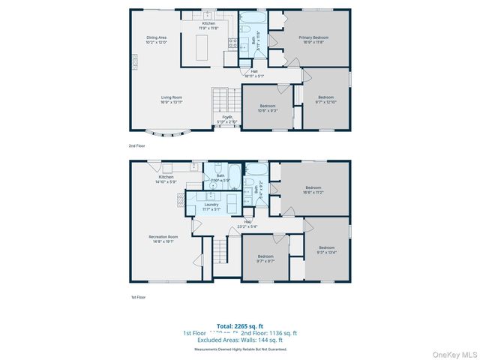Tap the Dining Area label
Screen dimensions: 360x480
(156, 40)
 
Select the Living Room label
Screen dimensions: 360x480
(172, 99)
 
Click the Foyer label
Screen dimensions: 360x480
(226, 119)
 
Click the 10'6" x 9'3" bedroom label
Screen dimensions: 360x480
(268, 108)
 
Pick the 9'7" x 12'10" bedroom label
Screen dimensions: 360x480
(325, 99)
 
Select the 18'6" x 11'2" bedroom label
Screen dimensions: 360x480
(313, 190)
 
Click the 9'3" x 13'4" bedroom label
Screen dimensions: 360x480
(326, 250)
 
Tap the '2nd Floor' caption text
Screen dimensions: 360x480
(137, 146)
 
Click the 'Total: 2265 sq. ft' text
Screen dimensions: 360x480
(240, 325)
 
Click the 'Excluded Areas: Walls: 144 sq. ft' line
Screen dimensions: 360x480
(240, 341)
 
